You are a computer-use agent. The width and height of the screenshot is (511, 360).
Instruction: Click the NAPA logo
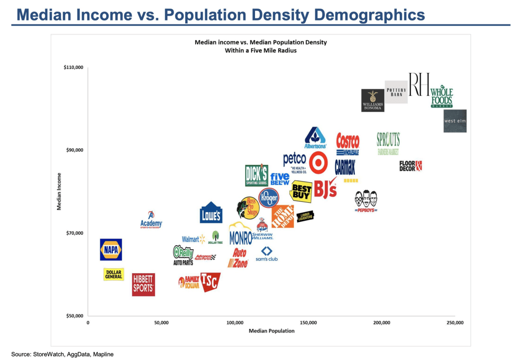click(111, 249)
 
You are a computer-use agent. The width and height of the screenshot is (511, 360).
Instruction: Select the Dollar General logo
click(114, 274)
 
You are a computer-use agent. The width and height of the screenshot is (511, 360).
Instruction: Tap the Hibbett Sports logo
click(143, 285)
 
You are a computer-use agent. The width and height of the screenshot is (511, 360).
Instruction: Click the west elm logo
click(455, 121)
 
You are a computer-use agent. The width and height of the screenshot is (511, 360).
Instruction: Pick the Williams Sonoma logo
click(373, 100)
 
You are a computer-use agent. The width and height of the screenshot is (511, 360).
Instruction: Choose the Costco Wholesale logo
click(347, 144)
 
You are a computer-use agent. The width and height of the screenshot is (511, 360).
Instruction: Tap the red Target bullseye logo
click(318, 163)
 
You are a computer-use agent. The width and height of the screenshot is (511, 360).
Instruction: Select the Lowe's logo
click(211, 213)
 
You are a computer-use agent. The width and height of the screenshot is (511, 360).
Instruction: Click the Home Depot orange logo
click(282, 216)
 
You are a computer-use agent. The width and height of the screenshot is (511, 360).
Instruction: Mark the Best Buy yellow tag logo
click(301, 191)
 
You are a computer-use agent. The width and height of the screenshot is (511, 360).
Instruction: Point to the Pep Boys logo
click(366, 201)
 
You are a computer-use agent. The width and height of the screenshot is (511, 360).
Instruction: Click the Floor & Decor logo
click(411, 166)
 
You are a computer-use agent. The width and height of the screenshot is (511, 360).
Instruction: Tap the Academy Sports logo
click(151, 220)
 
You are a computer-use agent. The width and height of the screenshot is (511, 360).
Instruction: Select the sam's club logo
click(266, 254)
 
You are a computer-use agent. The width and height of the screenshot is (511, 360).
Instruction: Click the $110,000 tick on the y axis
click(73, 67)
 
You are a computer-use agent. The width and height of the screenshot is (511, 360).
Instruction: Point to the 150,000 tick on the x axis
click(308, 323)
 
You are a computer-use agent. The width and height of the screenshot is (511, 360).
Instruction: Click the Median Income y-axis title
click(59, 191)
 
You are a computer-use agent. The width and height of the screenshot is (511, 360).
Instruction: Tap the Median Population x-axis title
click(271, 331)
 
